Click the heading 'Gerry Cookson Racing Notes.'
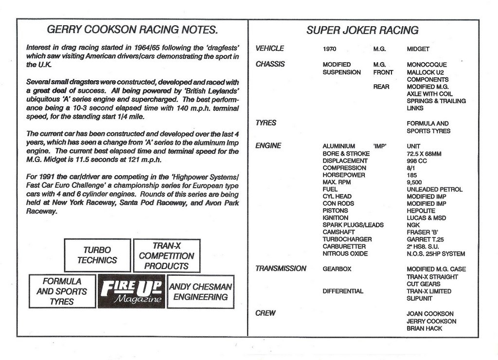[x=132, y=30]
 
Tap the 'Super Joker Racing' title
[x=362, y=30]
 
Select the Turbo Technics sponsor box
[x=97, y=255]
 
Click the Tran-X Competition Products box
[x=166, y=256]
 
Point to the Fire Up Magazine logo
[x=131, y=291]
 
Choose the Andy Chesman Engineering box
[x=200, y=291]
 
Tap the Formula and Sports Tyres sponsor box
[x=62, y=291]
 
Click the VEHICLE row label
[x=269, y=49]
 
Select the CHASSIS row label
[x=270, y=64]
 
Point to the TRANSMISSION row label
[x=281, y=269]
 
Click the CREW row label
[x=265, y=313]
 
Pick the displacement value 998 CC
[x=417, y=161]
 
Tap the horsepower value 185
[x=412, y=175]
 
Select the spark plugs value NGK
[x=413, y=225]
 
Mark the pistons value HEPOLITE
[x=421, y=211]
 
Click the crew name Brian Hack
[x=424, y=328]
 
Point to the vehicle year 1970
[x=329, y=49]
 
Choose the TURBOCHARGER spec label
[x=347, y=239]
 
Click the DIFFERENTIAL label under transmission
[x=342, y=291]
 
